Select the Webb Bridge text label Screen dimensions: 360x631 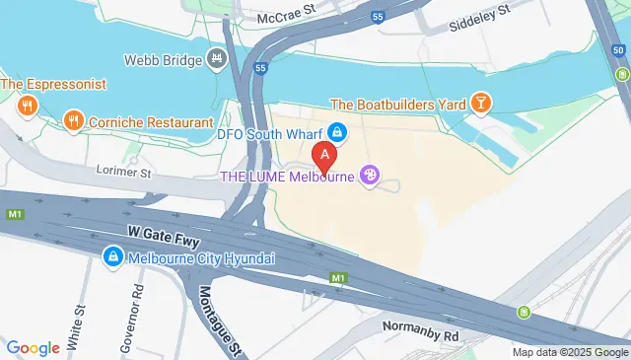pos(162,59)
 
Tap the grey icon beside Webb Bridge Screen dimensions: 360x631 pos(216,59)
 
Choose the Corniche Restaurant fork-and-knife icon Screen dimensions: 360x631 pos(72,122)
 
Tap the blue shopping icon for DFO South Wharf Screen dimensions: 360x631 pos(337,130)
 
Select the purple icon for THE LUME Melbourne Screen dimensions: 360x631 pos(370,177)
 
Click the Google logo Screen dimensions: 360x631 pos(33,347)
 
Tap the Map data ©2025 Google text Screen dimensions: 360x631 pos(570,352)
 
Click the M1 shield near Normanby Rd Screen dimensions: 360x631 pos(338,279)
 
